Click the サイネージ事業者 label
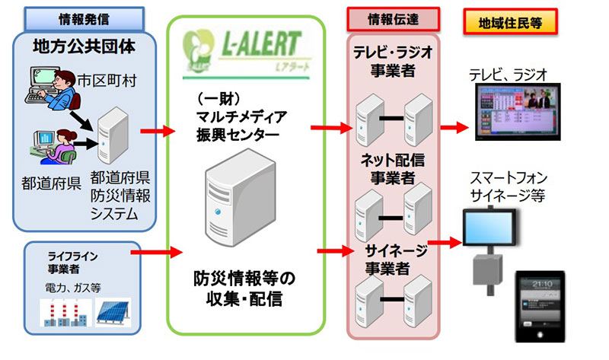click(393, 258)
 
